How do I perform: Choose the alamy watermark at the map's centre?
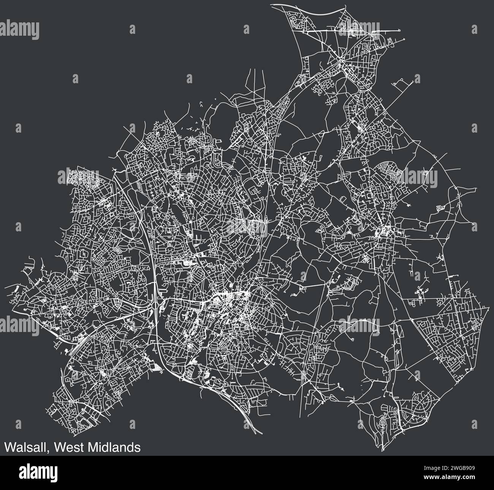[x=247, y=227]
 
